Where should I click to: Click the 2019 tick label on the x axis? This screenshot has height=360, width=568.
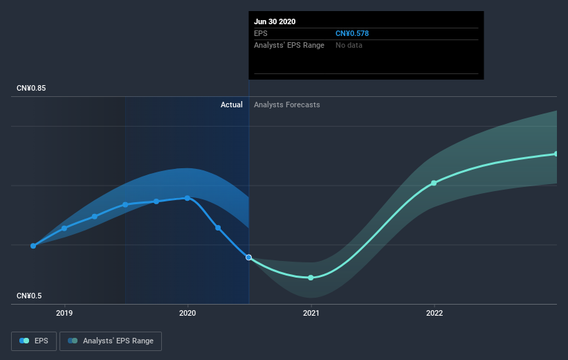64,313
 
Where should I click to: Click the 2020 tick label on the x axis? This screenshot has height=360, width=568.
187,313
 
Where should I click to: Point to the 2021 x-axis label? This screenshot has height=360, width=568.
311,313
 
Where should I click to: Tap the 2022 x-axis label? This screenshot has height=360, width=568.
434,313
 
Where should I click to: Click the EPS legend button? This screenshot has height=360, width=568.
35,341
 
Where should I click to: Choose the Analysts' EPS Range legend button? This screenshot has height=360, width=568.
111,341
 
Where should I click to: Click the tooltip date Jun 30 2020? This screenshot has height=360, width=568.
275,21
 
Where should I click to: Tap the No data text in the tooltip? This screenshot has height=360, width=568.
349,45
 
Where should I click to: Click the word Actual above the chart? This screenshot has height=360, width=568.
231,105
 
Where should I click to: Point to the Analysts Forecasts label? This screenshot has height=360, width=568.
287,105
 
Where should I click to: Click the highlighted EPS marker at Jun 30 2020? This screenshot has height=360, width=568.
249,257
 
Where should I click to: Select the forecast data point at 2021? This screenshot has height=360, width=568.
311,278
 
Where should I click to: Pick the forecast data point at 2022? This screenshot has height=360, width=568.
434,183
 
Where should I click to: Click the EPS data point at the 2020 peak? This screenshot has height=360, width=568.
187,198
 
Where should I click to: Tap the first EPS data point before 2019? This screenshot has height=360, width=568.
33,246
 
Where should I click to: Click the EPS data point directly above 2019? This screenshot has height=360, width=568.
64,228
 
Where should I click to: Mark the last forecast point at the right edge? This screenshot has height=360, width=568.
556,154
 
